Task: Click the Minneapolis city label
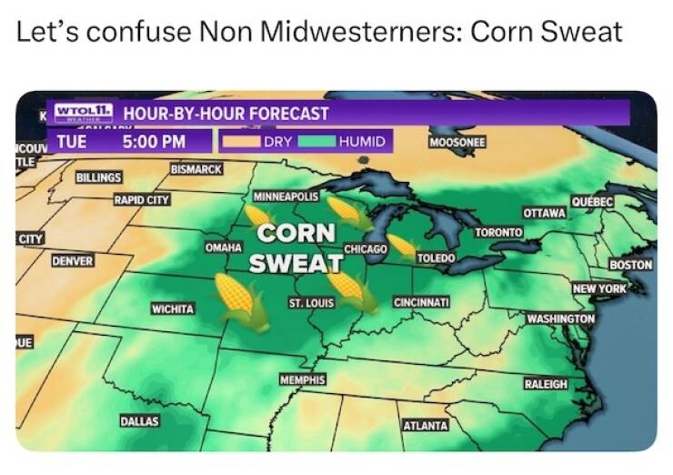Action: pos(286,196)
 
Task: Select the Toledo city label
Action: pos(435,258)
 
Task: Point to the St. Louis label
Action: pos(311,301)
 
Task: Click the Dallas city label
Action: pos(139,421)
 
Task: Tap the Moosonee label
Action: pos(457,143)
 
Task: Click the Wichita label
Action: pos(173,309)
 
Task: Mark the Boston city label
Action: pos(631,265)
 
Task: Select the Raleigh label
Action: pos(546,384)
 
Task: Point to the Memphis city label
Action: pos(303,379)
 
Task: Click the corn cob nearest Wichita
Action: pos(241,301)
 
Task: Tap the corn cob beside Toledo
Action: pos(401,246)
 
